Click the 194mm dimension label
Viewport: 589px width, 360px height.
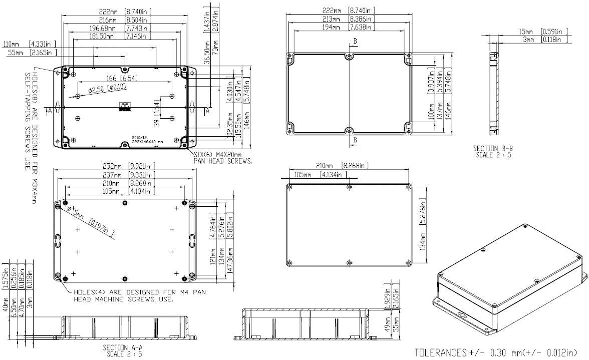[333, 28]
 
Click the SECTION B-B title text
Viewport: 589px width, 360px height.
[493, 149]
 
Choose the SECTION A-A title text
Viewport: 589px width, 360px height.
[123, 347]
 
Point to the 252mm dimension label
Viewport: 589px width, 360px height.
[112, 166]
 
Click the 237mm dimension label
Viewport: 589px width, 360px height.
[112, 174]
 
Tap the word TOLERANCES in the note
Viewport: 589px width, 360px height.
[439, 353]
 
